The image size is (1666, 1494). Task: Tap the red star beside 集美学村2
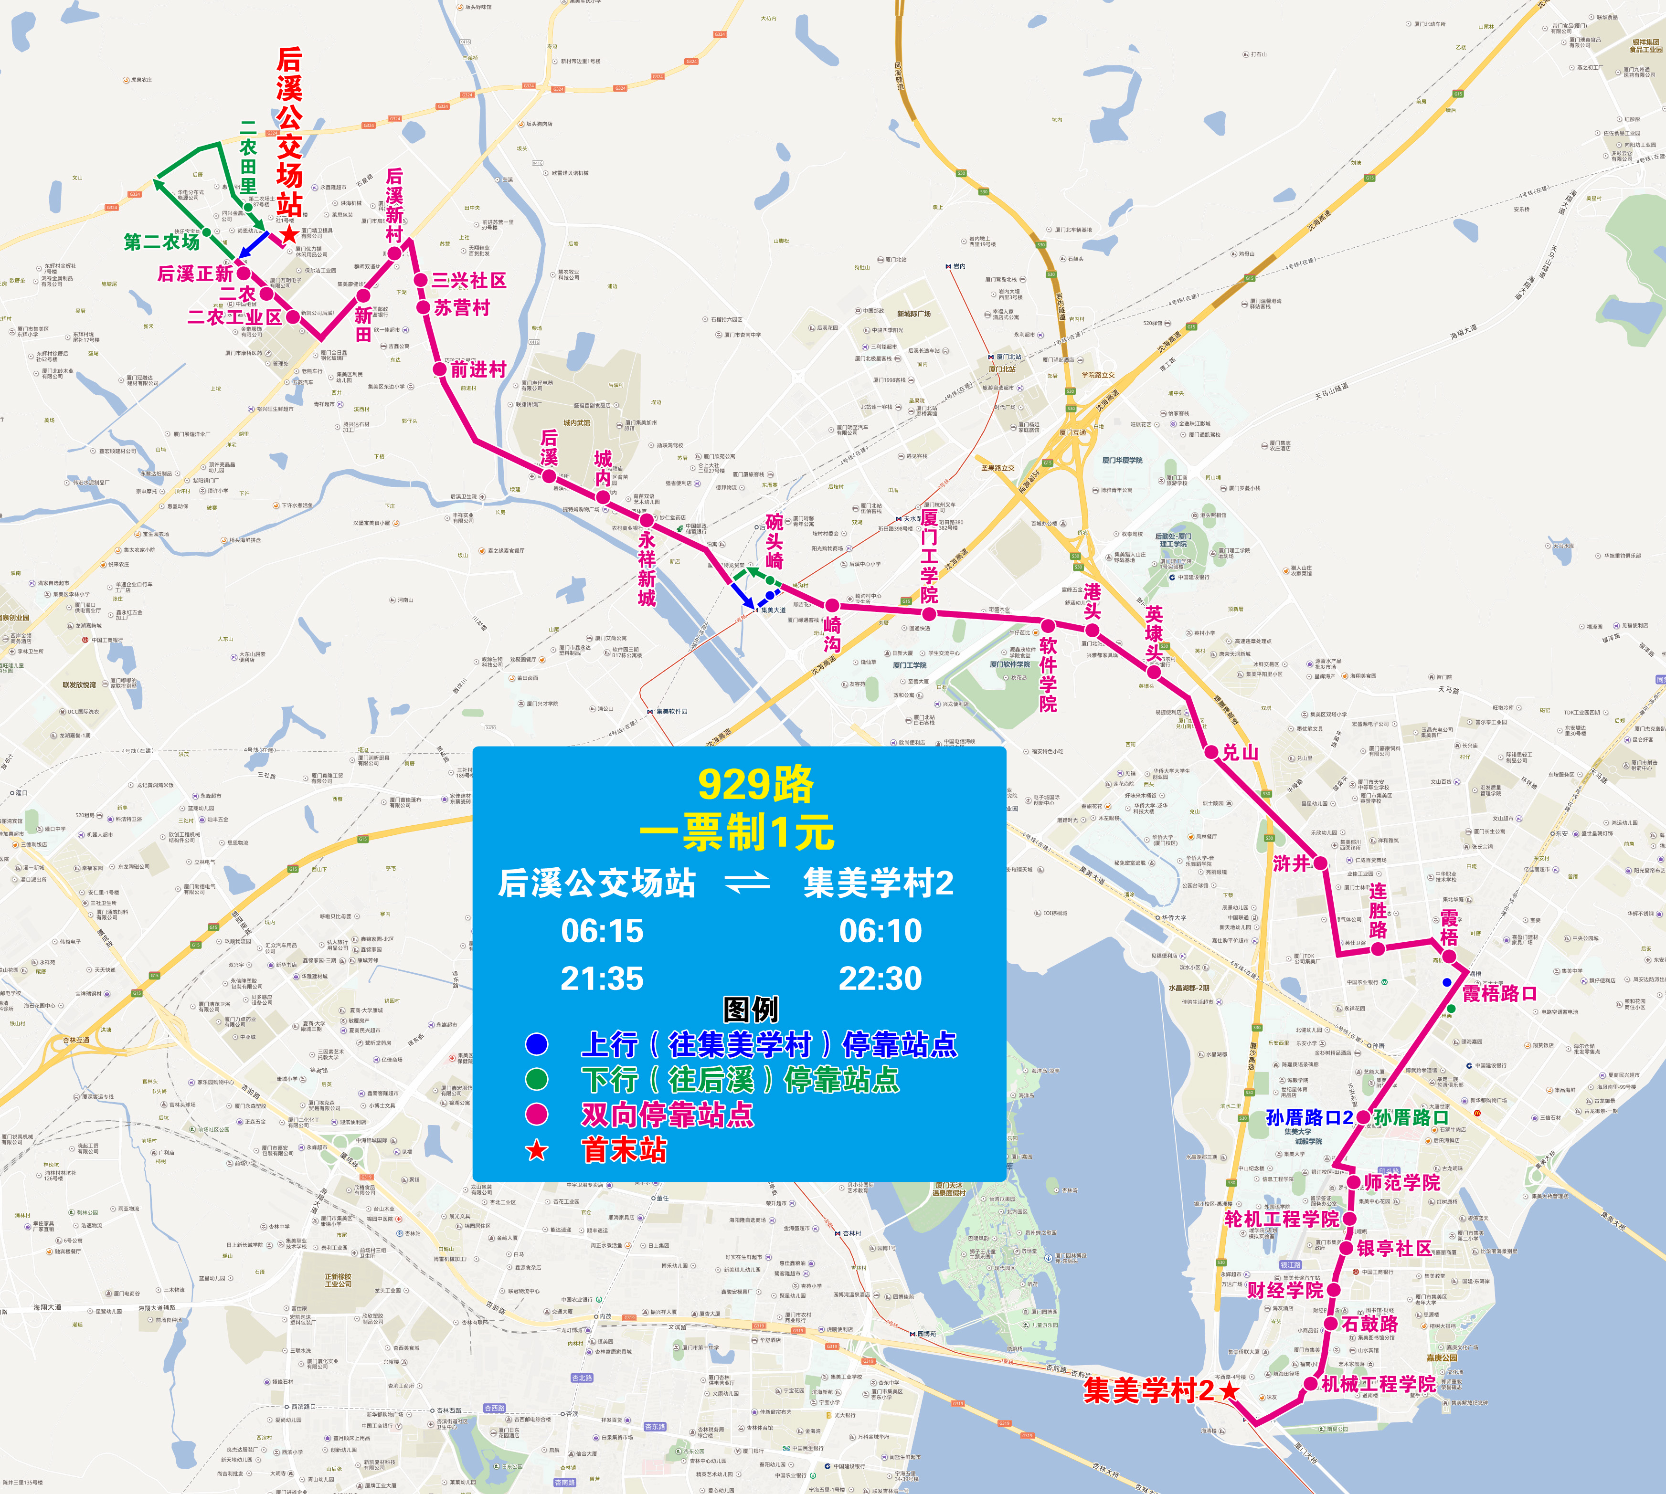click(1229, 1390)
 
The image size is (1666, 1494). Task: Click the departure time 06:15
click(602, 931)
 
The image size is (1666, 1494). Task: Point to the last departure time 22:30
click(880, 978)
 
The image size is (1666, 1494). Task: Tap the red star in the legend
click(536, 1150)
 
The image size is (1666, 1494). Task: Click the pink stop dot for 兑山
click(1211, 751)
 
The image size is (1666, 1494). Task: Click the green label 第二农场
click(162, 242)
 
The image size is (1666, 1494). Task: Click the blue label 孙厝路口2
click(1309, 1117)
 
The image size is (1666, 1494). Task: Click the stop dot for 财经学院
click(1334, 1290)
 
